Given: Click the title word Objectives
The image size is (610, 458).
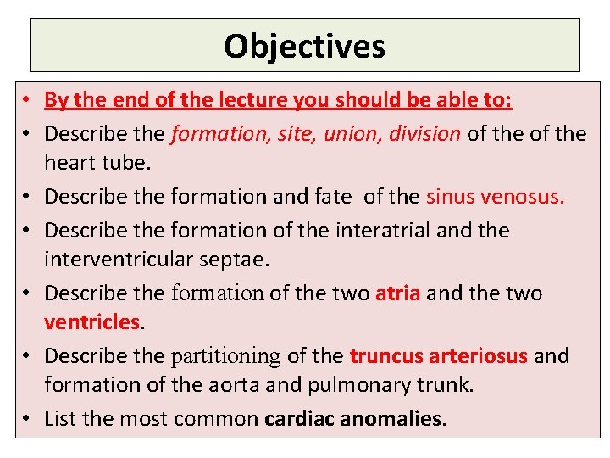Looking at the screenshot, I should point(304,46).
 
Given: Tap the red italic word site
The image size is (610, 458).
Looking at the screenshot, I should point(298,133).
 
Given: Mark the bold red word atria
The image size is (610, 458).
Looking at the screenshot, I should point(397,293).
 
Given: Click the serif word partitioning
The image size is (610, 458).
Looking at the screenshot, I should point(225,355).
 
